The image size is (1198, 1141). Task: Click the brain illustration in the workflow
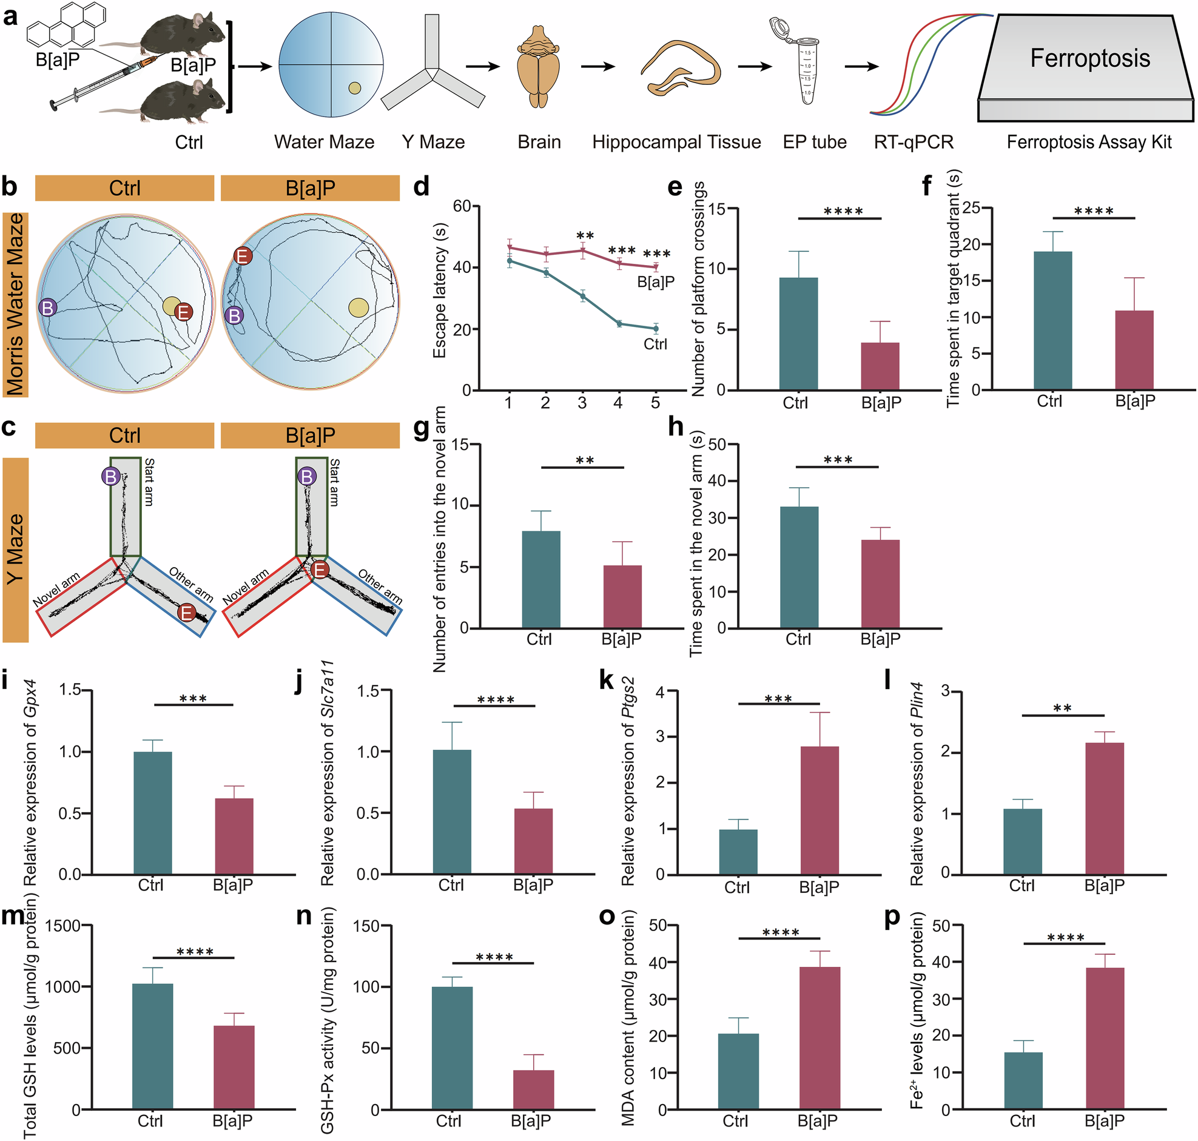pyautogui.click(x=539, y=67)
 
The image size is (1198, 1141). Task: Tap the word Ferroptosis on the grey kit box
pyautogui.click(x=1090, y=58)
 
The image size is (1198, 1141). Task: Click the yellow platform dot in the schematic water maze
pyautogui.click(x=354, y=89)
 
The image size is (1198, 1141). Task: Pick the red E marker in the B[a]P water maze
pyautogui.click(x=243, y=256)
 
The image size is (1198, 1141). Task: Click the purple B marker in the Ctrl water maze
pyautogui.click(x=47, y=308)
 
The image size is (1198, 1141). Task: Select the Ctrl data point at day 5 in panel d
pyautogui.click(x=656, y=328)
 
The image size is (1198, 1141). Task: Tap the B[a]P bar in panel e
pyautogui.click(x=880, y=366)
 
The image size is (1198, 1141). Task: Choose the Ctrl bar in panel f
pyautogui.click(x=1052, y=320)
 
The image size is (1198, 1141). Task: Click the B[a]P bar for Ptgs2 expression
pyautogui.click(x=819, y=810)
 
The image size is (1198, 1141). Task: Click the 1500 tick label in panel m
pyautogui.click(x=62, y=926)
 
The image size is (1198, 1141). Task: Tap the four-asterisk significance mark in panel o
pyautogui.click(x=780, y=932)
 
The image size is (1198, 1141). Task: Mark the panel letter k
pyautogui.click(x=607, y=681)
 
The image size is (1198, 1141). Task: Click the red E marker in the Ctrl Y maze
pyautogui.click(x=187, y=613)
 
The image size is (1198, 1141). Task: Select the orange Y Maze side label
pyautogui.click(x=16, y=549)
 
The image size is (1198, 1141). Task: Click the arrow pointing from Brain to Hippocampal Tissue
pyautogui.click(x=597, y=66)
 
